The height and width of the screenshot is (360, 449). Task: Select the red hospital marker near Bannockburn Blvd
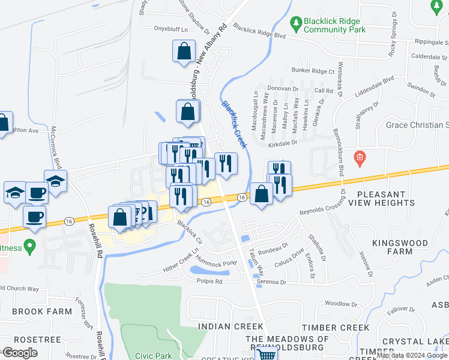coord(360,158)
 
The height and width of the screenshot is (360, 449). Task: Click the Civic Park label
coord(154,355)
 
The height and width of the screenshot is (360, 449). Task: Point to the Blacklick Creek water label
coord(234,124)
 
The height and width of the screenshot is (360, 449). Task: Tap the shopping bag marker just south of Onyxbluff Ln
coord(184,52)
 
